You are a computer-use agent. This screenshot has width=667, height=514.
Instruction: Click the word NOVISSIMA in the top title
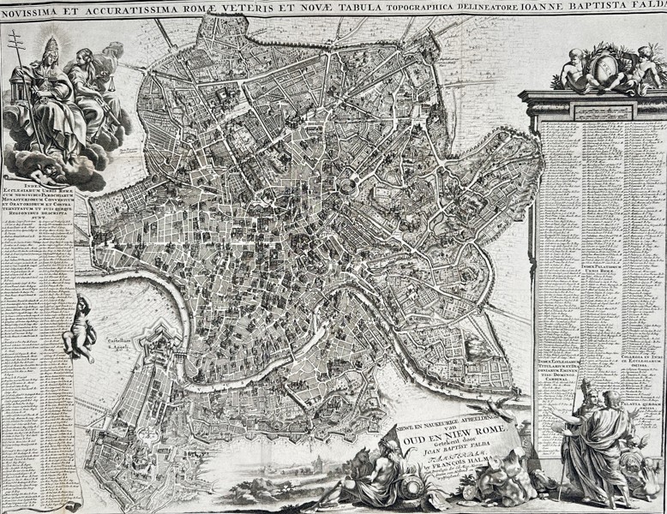pos(39,9)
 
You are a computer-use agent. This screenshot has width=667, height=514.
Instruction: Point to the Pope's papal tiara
pos(51,47)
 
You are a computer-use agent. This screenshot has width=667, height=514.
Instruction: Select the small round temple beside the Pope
pos(20,98)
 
